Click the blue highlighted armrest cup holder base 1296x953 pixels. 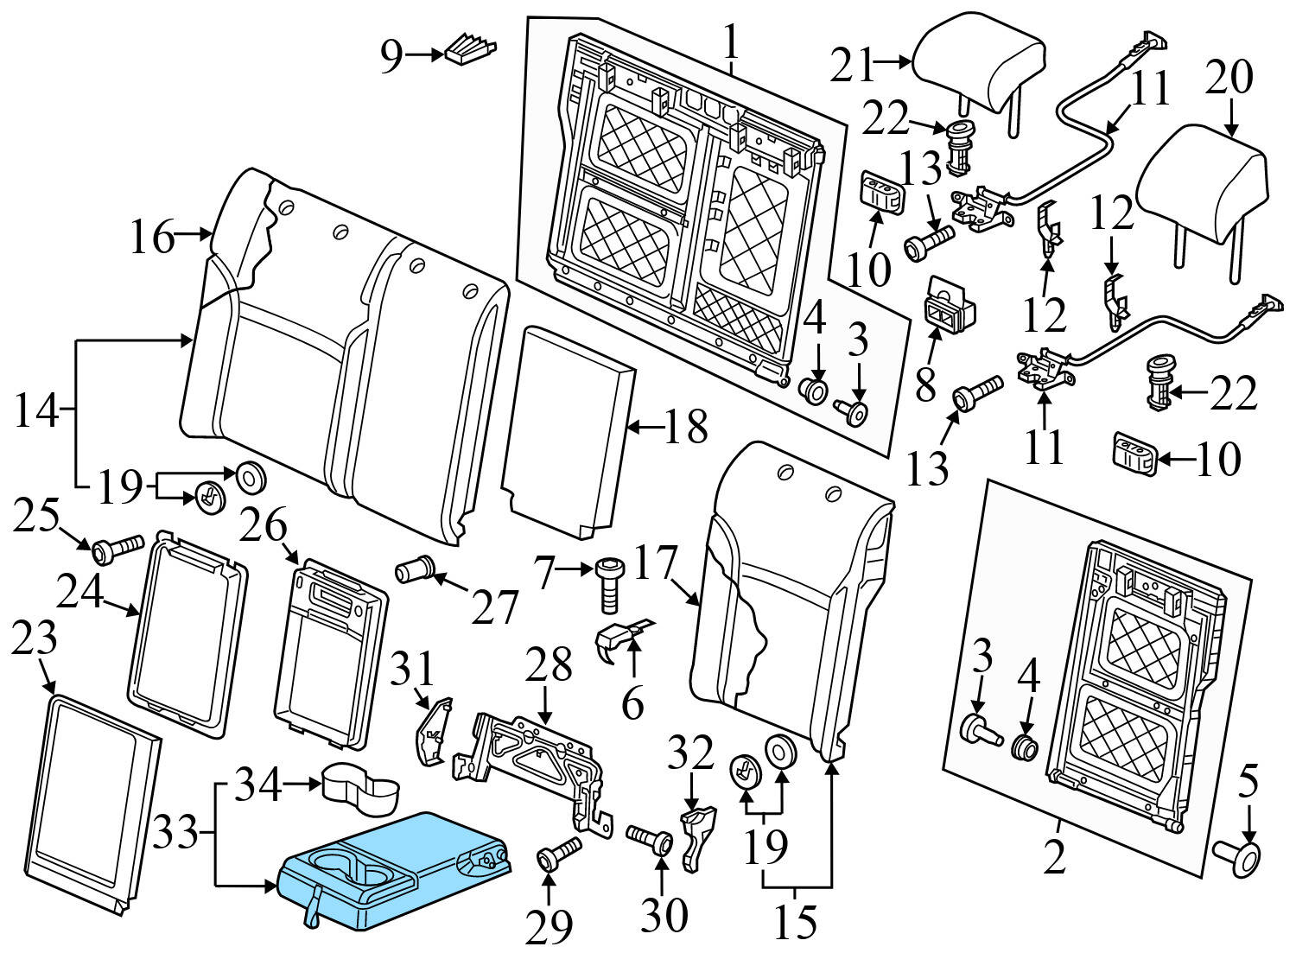coord(397,868)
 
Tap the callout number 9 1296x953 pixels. coord(391,56)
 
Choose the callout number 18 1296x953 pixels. coord(686,427)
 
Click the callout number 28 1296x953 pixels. coord(551,665)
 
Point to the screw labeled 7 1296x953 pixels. coord(607,585)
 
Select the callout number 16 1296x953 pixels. coord(152,236)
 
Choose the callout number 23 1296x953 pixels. coord(35,639)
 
